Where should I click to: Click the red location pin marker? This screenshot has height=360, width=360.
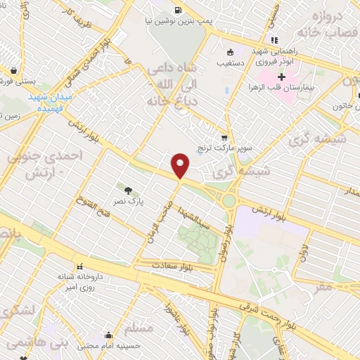181,165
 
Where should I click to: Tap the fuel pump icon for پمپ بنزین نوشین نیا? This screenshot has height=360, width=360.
176,11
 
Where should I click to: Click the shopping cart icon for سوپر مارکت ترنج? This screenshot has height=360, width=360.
224,138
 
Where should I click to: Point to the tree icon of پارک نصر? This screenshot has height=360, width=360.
127,189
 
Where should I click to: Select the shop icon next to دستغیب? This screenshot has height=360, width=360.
230,52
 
